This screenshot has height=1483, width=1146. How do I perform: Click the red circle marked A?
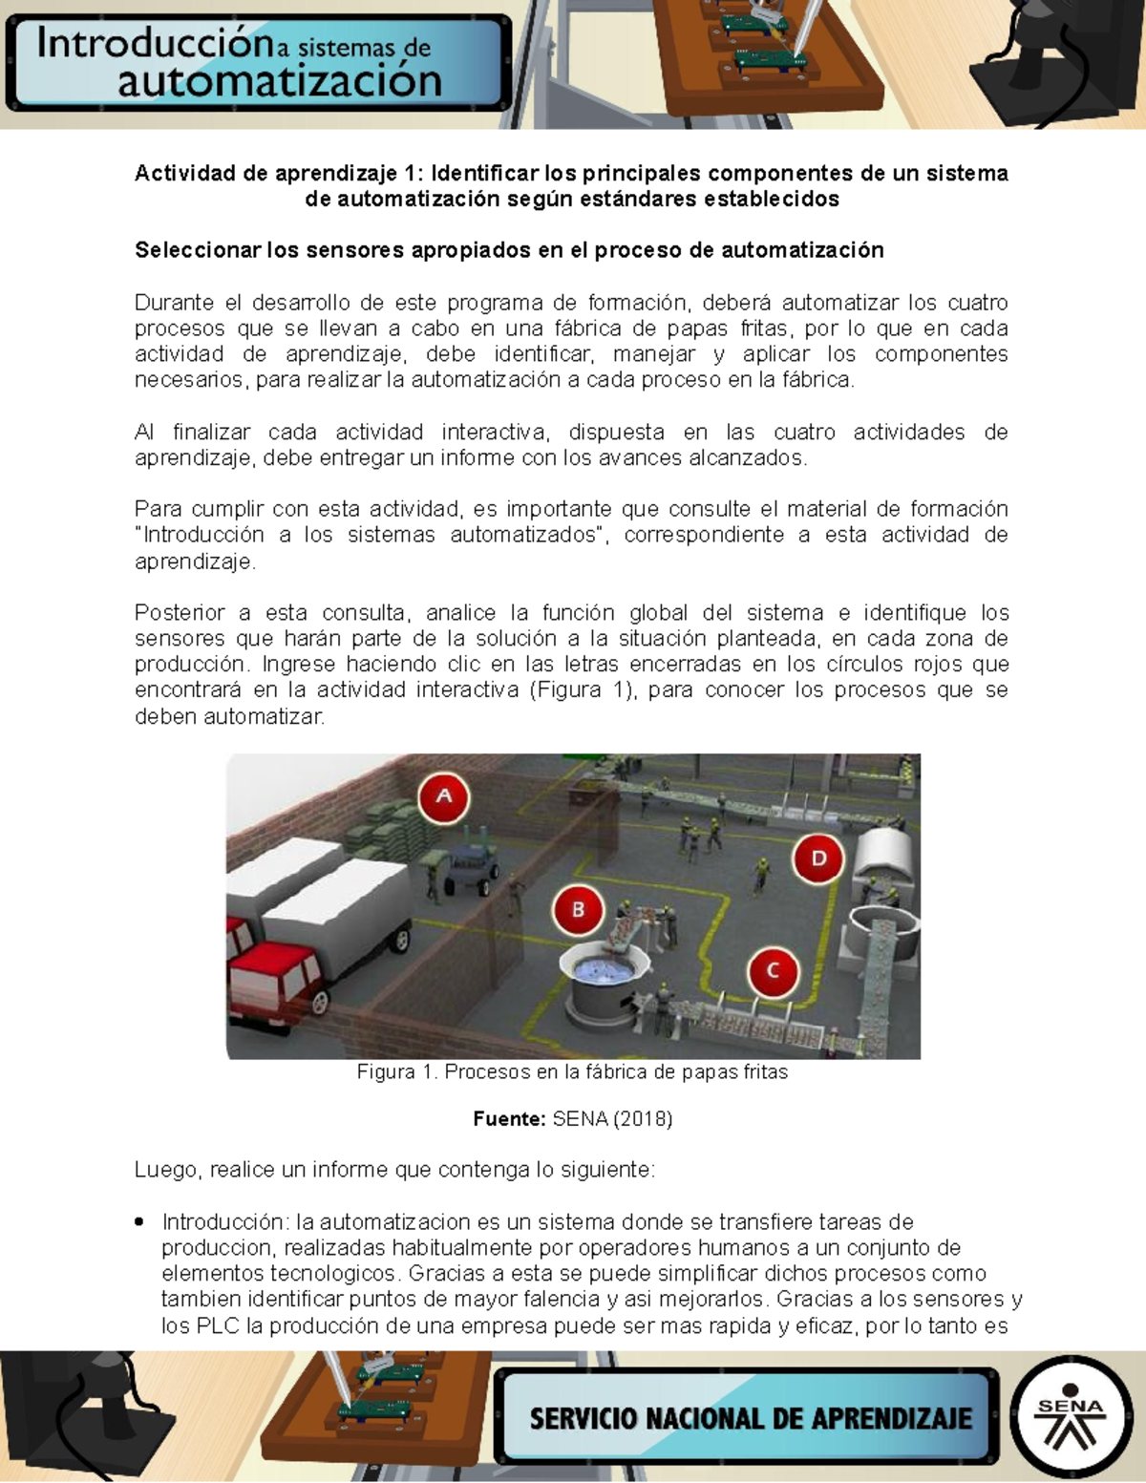(443, 796)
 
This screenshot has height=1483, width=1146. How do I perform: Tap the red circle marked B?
(578, 910)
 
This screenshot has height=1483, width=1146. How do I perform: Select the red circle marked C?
(773, 971)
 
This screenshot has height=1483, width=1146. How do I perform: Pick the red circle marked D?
(818, 858)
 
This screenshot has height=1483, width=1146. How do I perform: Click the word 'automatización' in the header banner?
(279, 82)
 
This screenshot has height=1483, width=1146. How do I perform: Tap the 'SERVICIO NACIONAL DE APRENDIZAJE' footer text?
(750, 1418)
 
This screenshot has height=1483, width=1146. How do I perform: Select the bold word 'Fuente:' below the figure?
(509, 1118)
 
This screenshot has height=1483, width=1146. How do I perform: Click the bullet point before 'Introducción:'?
(140, 1221)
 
